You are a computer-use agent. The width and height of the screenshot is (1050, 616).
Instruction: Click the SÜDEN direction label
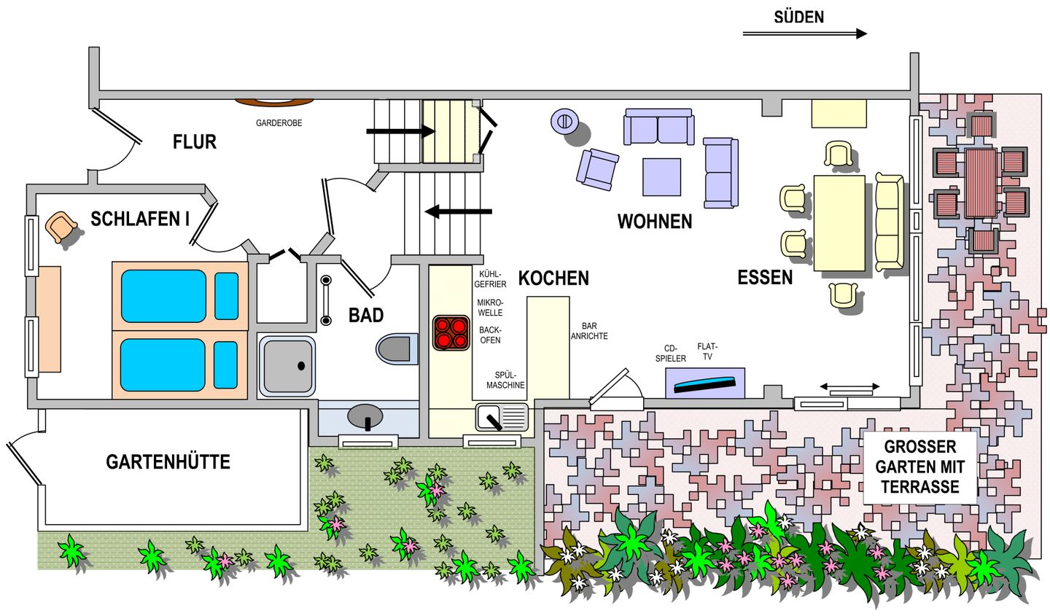pos(798,17)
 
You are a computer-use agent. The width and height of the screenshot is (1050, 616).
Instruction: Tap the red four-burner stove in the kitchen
pos(451,333)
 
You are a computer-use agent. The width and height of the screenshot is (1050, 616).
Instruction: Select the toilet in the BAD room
pos(397,348)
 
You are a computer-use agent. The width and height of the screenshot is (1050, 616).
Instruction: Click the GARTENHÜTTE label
pos(168,462)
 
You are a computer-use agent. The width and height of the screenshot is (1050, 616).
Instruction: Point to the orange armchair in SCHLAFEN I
pos(61,227)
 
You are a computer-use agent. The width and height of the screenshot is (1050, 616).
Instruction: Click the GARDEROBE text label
pos(279,122)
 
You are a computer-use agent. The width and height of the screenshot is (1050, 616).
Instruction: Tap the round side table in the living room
pos(564,120)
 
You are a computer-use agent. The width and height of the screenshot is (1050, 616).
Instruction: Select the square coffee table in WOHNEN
pos(661,176)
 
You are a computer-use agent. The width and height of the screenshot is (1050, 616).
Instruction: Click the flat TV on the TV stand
pos(704,384)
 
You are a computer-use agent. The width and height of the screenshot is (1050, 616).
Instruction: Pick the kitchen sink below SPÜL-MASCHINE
pos(502,417)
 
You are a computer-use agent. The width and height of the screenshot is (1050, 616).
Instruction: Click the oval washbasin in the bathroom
pos(365,416)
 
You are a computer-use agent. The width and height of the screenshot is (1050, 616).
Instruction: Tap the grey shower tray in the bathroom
pos(287,366)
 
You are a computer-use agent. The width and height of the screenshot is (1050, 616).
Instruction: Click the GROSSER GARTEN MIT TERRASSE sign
pos(919,467)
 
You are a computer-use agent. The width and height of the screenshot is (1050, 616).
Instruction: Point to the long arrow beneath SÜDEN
pos(805,34)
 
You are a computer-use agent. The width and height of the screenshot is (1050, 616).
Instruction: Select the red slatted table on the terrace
pos(981,183)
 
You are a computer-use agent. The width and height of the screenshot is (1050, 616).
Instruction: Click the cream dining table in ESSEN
pos(839,223)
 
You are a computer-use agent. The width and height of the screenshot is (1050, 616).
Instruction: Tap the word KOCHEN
pos(553,278)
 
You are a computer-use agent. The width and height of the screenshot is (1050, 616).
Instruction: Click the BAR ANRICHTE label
pos(589,331)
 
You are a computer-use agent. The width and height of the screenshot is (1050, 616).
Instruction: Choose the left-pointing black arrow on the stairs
pos(459,211)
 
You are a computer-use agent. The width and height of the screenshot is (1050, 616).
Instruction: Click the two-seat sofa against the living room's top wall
pos(658,127)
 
